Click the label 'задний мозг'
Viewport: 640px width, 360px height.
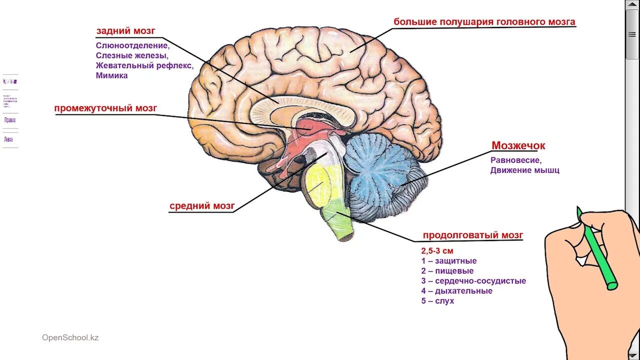pyautogui.click(x=126, y=31)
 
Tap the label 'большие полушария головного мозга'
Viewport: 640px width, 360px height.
pyautogui.click(x=484, y=22)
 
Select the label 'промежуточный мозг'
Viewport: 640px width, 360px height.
pyautogui.click(x=106, y=108)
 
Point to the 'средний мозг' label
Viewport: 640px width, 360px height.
pyautogui.click(x=202, y=206)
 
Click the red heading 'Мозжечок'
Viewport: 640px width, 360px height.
pyautogui.click(x=518, y=146)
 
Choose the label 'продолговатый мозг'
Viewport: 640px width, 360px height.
pyautogui.click(x=472, y=235)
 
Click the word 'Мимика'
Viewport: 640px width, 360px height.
pyautogui.click(x=112, y=76)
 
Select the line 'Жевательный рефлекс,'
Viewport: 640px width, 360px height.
pyautogui.click(x=144, y=65)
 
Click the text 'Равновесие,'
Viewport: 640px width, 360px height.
pyautogui.click(x=516, y=160)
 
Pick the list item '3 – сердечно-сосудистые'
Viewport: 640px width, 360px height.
pyautogui.click(x=473, y=281)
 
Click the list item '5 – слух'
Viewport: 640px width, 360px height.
pyautogui.click(x=437, y=301)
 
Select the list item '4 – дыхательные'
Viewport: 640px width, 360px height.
pyautogui.click(x=456, y=291)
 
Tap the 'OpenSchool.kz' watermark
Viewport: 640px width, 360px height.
pyautogui.click(x=70, y=337)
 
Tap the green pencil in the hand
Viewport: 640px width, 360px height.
pyautogui.click(x=597, y=250)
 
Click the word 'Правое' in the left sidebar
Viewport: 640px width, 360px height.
pyautogui.click(x=10, y=120)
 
